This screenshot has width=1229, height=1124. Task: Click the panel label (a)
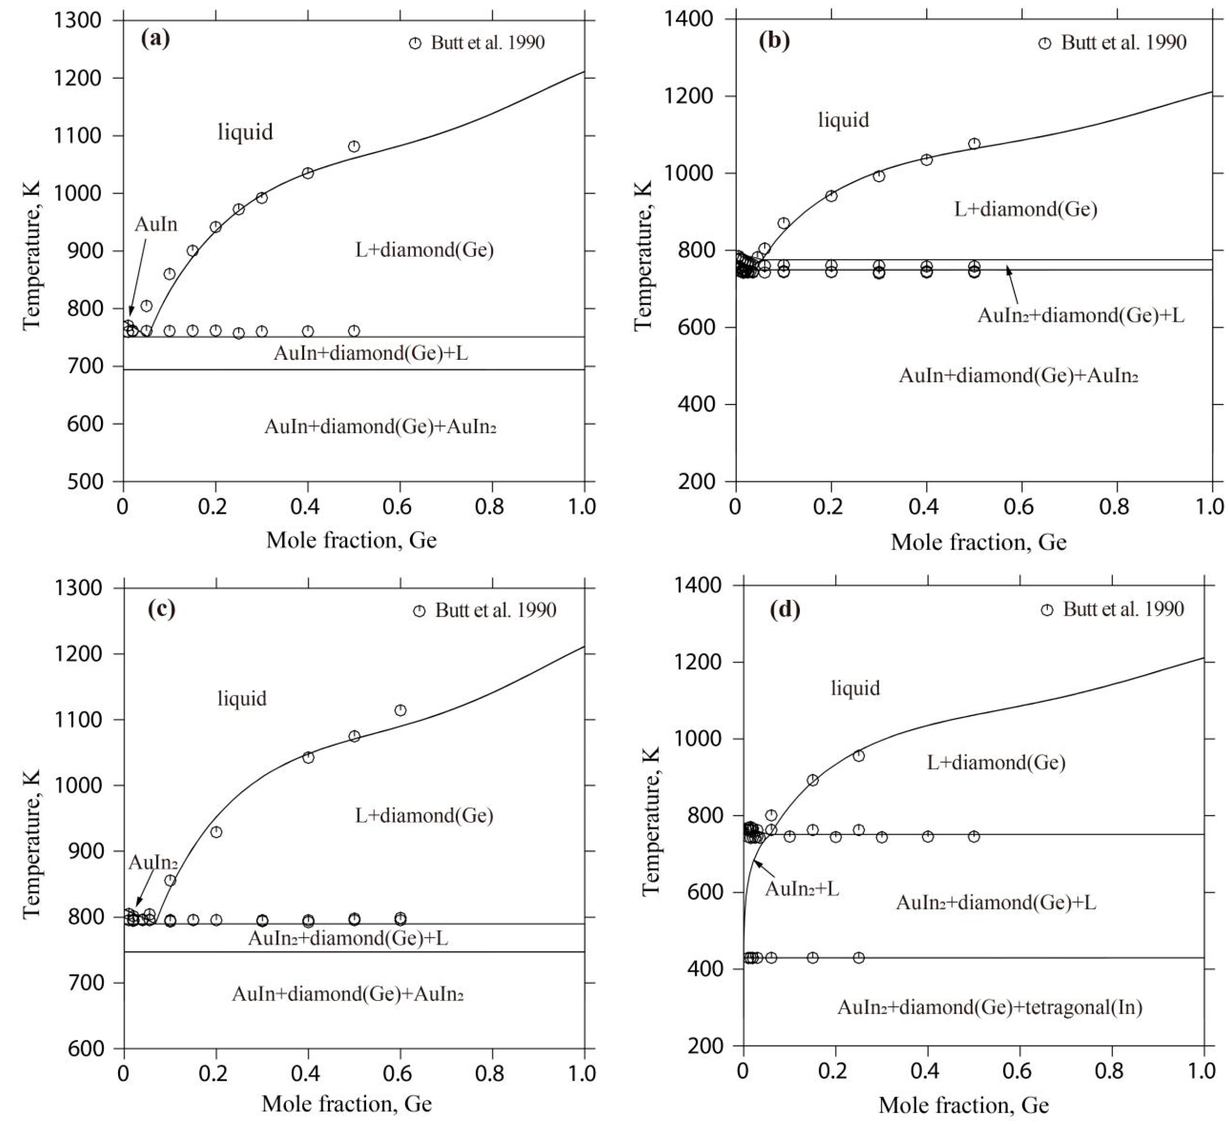[x=155, y=39]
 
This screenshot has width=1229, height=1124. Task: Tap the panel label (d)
[x=785, y=610]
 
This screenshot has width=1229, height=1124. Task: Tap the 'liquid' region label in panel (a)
[x=245, y=132]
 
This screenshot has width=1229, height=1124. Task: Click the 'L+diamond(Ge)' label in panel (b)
[x=1025, y=210]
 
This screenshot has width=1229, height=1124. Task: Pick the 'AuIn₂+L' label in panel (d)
[x=802, y=889]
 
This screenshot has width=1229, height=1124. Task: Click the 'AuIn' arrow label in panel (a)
[x=156, y=225]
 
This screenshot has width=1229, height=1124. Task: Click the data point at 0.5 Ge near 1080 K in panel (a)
[x=353, y=146]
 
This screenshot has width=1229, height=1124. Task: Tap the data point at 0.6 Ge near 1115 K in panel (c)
[x=400, y=710]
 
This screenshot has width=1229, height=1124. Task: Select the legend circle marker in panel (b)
[x=1044, y=43]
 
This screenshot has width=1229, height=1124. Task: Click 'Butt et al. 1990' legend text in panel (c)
[x=495, y=611]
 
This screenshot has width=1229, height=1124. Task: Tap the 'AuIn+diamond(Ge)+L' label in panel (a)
[x=371, y=353]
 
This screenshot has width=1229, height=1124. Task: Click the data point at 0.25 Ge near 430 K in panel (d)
[x=858, y=958]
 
